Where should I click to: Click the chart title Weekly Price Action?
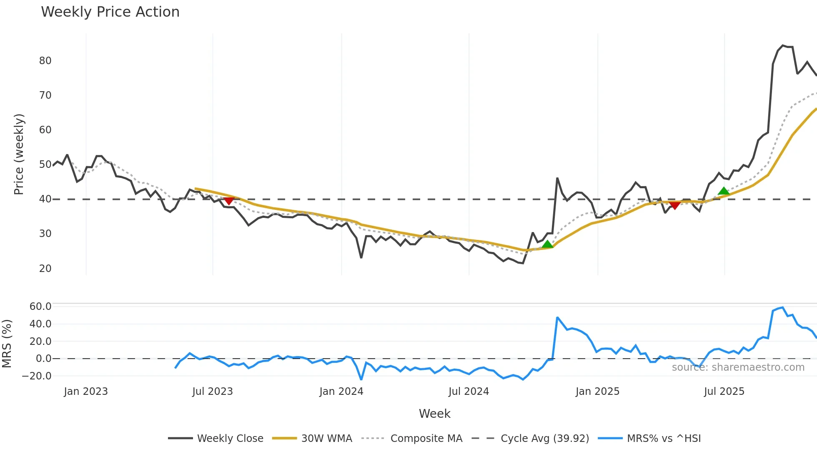click(x=110, y=12)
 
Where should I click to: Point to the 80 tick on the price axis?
click(x=45, y=61)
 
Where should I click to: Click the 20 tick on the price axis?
click(x=45, y=269)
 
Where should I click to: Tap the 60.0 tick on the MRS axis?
click(x=40, y=307)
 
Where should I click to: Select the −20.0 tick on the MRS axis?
click(x=37, y=376)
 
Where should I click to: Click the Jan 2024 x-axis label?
click(x=341, y=392)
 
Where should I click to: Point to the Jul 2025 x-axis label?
click(x=724, y=392)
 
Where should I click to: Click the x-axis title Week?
click(x=434, y=414)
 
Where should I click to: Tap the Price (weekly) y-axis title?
click(x=19, y=154)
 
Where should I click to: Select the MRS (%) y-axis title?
click(x=7, y=344)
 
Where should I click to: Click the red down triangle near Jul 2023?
click(x=229, y=201)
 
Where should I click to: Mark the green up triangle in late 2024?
click(x=547, y=244)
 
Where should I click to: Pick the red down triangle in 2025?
click(x=674, y=205)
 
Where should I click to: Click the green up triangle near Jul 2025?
click(x=724, y=191)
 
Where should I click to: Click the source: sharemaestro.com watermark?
click(x=738, y=367)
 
